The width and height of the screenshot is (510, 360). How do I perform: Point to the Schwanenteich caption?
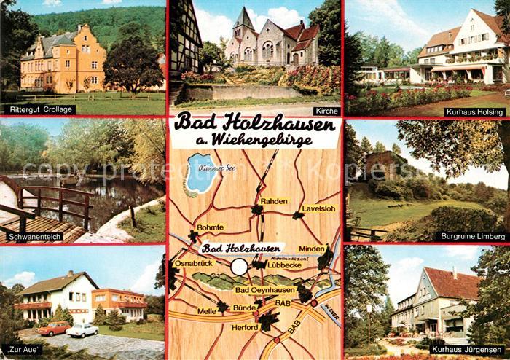pyautogui.click(x=34, y=237)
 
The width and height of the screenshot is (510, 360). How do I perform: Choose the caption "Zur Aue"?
pyautogui.click(x=23, y=350)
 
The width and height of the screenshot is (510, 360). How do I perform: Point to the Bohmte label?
pyautogui.click(x=211, y=227)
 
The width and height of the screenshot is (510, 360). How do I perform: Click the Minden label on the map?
pyautogui.click(x=311, y=249)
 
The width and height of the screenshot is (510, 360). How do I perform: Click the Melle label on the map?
pyautogui.click(x=207, y=311)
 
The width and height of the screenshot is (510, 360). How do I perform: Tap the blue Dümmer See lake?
pyautogui.click(x=200, y=173)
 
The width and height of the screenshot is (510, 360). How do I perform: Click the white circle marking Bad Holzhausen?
pyautogui.click(x=240, y=267)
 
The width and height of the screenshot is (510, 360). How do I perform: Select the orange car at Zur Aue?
pyautogui.click(x=54, y=329)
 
